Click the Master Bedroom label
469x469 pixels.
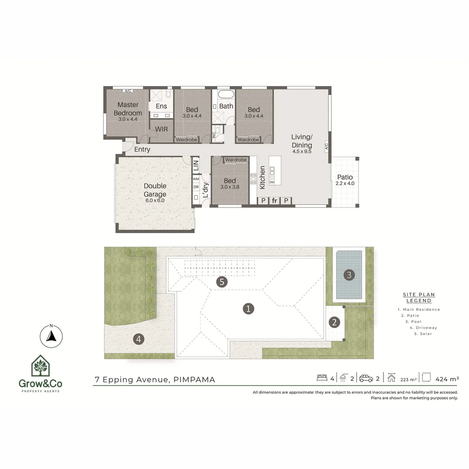[128, 109]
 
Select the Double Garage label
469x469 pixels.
[155, 190]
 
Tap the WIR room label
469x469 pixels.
[161, 129]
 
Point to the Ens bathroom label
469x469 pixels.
[161, 106]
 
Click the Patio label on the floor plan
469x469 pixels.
[344, 177]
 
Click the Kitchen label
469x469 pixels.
[262, 177]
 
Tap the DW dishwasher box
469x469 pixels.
[272, 182]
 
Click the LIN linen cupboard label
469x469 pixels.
[195, 165]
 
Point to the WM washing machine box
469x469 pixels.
[196, 178]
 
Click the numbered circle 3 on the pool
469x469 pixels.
[349, 274]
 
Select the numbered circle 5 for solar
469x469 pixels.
[222, 282]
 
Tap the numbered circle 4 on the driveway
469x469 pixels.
[138, 339]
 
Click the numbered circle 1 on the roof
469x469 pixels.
[248, 309]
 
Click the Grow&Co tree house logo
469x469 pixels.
[40, 366]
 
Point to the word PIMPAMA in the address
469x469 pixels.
[194, 380]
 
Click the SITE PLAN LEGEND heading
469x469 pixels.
[419, 297]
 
